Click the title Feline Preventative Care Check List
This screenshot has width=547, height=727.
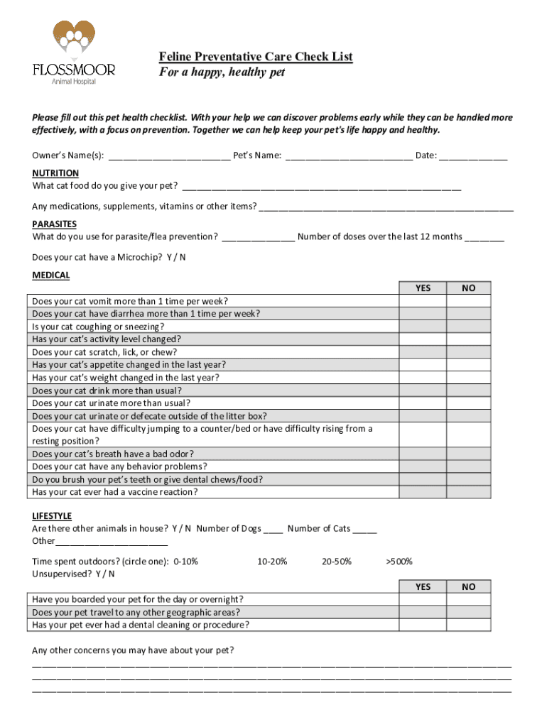[255, 57]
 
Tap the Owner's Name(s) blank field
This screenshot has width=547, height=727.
[169, 155]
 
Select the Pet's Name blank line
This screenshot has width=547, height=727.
[349, 155]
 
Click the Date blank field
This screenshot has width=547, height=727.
[473, 155]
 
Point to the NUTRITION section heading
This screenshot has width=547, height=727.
[55, 173]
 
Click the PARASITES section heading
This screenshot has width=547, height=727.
[55, 224]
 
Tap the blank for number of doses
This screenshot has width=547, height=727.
[484, 236]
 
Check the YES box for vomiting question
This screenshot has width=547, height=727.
[423, 301]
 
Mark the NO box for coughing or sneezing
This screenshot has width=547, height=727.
[468, 327]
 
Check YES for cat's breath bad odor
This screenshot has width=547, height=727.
[423, 454]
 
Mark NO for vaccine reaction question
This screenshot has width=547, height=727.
[468, 492]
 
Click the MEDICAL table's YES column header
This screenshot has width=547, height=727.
[423, 288]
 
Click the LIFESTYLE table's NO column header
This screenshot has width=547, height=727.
[468, 586]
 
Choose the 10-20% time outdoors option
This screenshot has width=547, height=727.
[272, 561]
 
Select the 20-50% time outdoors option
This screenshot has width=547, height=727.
[336, 561]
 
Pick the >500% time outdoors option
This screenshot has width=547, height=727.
[399, 561]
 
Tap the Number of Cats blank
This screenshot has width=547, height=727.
[364, 528]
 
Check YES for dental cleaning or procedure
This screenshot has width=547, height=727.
[423, 625]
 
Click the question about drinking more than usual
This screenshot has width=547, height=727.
[107, 390]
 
